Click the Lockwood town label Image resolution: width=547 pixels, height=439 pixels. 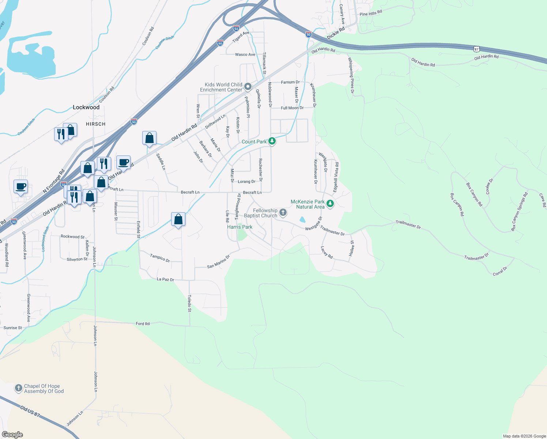click(x=86, y=107)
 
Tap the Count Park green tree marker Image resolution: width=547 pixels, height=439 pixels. click(x=272, y=141)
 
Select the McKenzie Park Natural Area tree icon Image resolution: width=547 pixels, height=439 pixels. click(x=330, y=204)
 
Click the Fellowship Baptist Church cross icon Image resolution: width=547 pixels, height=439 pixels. click(x=283, y=213)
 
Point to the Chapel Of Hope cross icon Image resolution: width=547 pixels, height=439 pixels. click(x=19, y=388)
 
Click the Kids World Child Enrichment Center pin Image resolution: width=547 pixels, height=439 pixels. click(x=248, y=87)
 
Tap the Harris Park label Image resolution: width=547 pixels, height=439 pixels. click(x=239, y=227)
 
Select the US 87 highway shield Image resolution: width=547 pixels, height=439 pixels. click(x=476, y=49)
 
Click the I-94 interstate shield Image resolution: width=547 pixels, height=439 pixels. click(x=236, y=28)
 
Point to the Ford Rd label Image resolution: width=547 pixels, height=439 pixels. click(x=143, y=324)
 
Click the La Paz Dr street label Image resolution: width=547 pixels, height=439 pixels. click(x=165, y=279)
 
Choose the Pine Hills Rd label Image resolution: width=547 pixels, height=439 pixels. click(x=371, y=14)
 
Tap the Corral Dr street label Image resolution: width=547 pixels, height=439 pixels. click(x=500, y=271)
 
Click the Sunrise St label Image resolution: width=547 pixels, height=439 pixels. click(x=13, y=328)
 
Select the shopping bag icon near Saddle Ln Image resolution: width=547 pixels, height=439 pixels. click(x=149, y=138)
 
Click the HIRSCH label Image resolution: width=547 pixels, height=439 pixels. click(x=95, y=124)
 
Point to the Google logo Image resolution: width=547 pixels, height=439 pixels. click(x=12, y=435)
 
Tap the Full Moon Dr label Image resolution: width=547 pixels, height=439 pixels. click(x=292, y=108)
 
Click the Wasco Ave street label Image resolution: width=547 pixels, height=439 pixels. click(x=245, y=55)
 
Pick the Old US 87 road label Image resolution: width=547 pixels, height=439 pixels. click(x=30, y=412)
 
